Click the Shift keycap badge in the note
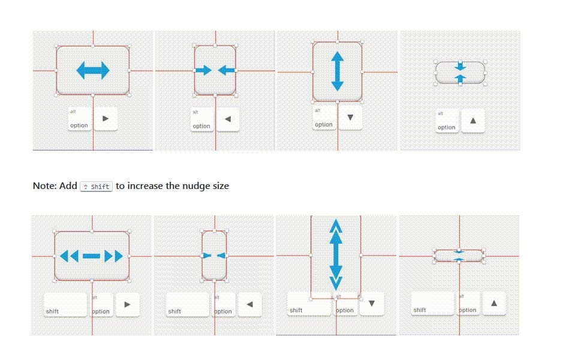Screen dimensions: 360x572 click(96, 186)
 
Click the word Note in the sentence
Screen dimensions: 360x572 click(45, 186)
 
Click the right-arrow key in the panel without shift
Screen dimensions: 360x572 click(106, 119)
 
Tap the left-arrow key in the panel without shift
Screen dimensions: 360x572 click(227, 119)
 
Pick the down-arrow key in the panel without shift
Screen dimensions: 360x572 click(350, 117)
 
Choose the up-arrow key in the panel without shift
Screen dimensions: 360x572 click(473, 120)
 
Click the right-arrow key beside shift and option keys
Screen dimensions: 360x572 click(127, 304)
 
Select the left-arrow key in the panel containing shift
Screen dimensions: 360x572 click(250, 304)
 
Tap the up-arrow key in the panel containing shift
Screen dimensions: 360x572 click(493, 303)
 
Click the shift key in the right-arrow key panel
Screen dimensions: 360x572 click(65, 304)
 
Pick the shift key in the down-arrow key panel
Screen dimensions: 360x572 click(309, 304)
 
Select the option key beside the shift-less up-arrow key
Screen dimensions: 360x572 click(447, 120)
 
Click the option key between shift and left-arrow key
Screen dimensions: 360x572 click(222, 305)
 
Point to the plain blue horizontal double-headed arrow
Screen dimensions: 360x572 click(93, 71)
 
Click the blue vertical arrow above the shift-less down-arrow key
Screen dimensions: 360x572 click(337, 71)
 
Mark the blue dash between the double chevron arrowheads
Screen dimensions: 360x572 click(92, 256)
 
